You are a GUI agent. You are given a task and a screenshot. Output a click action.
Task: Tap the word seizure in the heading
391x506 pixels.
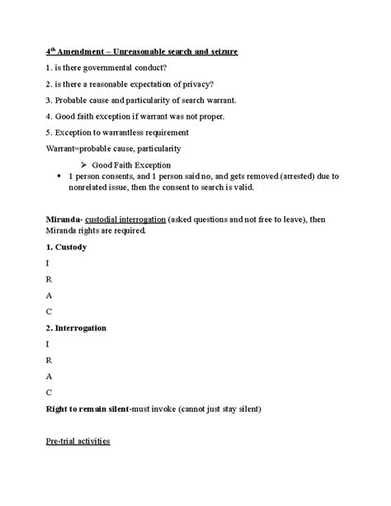[x=219, y=52]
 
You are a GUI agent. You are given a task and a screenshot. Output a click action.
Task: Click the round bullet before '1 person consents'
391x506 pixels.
[x=56, y=176]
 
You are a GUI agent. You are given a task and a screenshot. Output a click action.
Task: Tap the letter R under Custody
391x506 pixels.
[x=49, y=279]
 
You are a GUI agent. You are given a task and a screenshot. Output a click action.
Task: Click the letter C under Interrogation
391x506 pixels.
[x=49, y=392]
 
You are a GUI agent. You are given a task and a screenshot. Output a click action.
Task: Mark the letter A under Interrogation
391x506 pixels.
[x=49, y=376]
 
